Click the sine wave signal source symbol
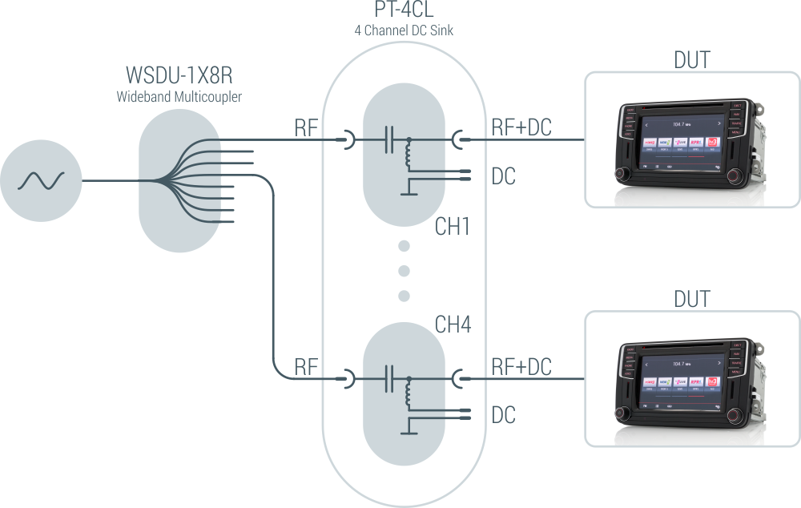tap(41, 180)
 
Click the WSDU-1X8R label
tap(179, 76)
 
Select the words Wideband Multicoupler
tap(179, 97)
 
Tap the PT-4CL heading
tap(404, 11)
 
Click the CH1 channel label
tap(453, 228)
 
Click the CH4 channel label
tap(453, 325)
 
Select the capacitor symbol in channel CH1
tap(388, 140)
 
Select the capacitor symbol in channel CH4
tap(388, 377)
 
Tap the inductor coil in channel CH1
tap(409, 157)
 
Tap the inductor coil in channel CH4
tap(409, 393)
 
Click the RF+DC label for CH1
tap(521, 127)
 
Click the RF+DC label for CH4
tap(521, 366)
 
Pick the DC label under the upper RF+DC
tap(503, 177)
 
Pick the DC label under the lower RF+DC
tap(503, 414)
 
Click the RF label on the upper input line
tap(307, 127)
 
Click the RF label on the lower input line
tap(307, 367)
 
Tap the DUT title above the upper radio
tap(691, 59)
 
